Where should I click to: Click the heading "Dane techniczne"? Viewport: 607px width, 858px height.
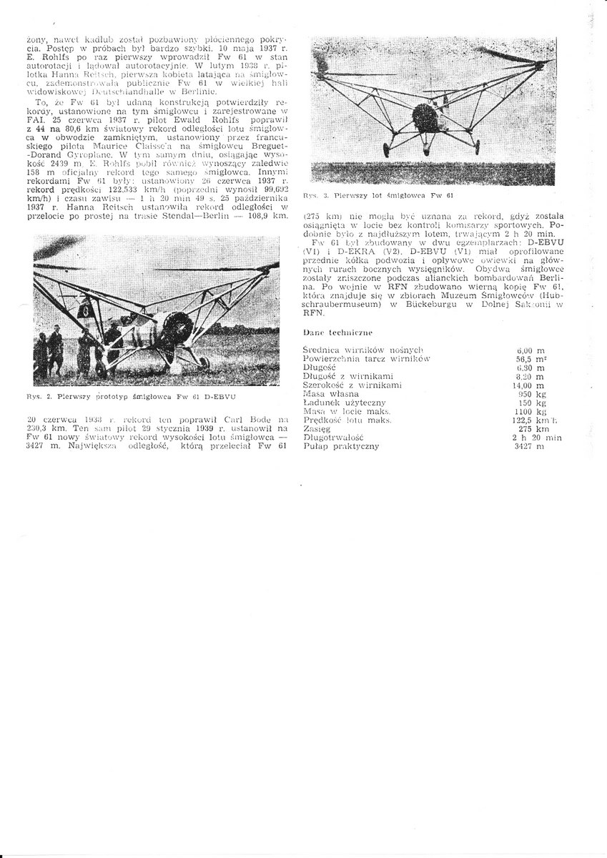click(x=335, y=332)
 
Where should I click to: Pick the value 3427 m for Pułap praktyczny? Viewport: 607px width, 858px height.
click(x=529, y=446)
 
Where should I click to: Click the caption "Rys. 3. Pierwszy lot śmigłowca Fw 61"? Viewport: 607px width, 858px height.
click(x=379, y=194)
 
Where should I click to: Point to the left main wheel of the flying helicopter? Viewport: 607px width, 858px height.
click(x=387, y=149)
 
